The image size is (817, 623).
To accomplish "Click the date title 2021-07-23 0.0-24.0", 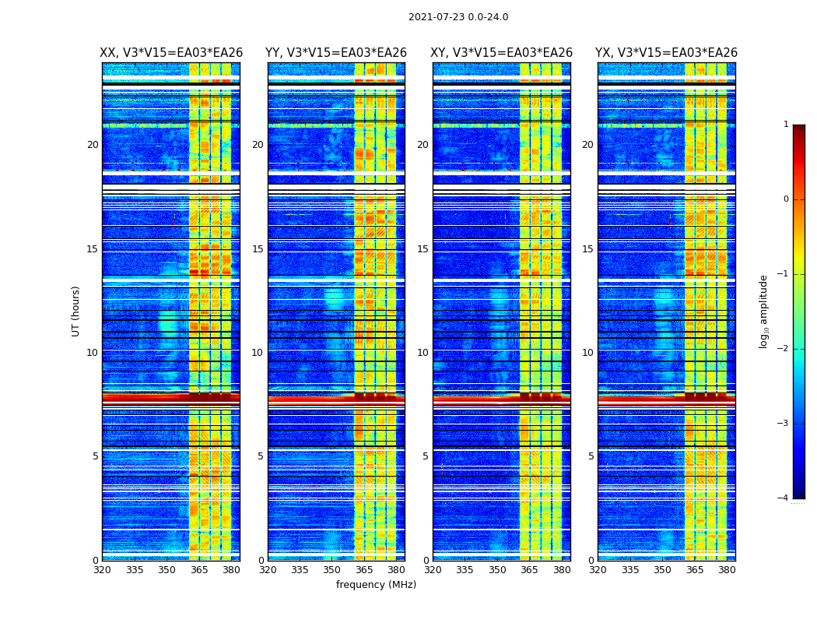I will coord(458,17).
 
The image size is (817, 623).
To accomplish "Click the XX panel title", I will coord(171,53).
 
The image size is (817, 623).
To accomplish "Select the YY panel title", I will coord(336,53).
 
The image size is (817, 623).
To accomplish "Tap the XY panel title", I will coord(502,53).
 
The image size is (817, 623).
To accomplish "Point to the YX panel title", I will coord(666,53).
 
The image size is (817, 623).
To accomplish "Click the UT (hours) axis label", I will coord(76,311).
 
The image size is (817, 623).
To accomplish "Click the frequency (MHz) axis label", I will coord(376,585).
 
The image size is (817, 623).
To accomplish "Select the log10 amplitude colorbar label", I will coord(764,311).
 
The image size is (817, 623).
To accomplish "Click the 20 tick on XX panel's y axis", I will coord(93,145).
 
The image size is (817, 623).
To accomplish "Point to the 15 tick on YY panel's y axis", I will coord(258,249).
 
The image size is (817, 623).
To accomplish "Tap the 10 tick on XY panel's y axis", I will coord(423,353).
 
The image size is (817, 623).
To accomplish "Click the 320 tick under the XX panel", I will coord(102,570).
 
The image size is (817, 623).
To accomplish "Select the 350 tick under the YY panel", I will coord(332,570).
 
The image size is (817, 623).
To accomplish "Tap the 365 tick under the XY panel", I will coord(529,570).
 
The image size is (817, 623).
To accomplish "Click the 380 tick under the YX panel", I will coord(727,570).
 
